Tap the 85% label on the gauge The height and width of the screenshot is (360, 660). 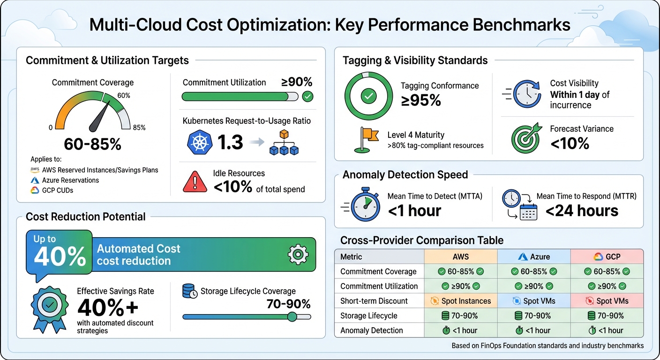coord(139,127)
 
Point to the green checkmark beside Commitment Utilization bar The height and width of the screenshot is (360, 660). coord(307,97)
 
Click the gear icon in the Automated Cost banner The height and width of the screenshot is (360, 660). coord(298,255)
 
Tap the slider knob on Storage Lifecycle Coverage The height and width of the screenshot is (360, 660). coord(292,317)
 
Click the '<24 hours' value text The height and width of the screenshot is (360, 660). coord(582,211)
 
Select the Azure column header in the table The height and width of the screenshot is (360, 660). coord(533,256)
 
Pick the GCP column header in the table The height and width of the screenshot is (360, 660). coord(607,256)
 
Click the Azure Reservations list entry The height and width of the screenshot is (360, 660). coord(70,180)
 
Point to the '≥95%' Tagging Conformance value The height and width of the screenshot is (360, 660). coord(420,100)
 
